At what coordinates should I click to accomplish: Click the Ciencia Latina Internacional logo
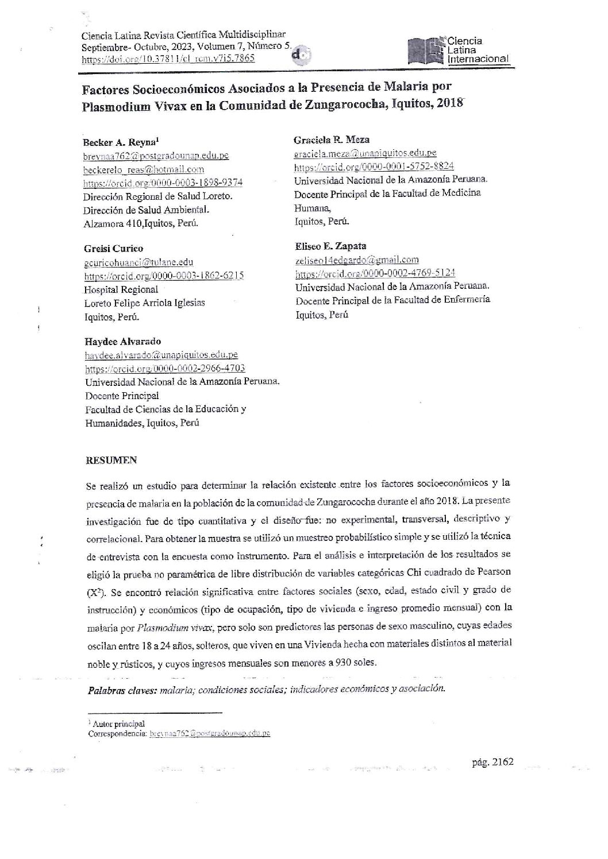tap(457, 49)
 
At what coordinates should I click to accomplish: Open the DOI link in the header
tap(168, 59)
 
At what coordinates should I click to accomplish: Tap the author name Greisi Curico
tap(113, 249)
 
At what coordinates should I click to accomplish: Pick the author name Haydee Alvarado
tap(123, 342)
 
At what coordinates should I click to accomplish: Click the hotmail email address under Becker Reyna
tap(144, 169)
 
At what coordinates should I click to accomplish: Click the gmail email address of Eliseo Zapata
tap(357, 260)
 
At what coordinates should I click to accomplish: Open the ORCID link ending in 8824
tap(374, 167)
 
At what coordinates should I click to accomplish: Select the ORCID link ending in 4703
tap(166, 369)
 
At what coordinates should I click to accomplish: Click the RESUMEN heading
tap(111, 460)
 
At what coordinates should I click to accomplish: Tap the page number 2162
tap(491, 763)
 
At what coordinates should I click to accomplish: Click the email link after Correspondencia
tap(210, 733)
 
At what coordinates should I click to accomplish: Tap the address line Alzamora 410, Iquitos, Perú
tap(141, 224)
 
